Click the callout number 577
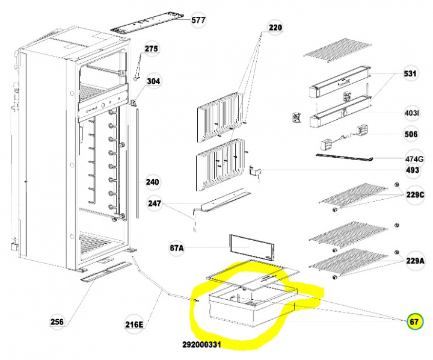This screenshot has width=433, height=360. tap(198, 20)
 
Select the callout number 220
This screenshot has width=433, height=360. tap(275, 28)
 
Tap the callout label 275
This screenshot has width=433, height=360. tap(152, 49)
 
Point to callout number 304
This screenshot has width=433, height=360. tap(153, 81)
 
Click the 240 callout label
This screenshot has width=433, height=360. tap(152, 182)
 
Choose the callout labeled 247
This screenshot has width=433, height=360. tap(154, 203)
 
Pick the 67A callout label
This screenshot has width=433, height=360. tap(176, 248)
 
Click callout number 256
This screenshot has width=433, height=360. tap(57, 322)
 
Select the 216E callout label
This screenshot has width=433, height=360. tap(134, 324)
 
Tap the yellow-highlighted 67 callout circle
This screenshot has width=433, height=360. tap(414, 321)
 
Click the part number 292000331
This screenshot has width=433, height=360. tap(201, 344)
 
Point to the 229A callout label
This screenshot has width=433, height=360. tap(415, 261)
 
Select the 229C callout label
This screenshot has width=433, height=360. tap(415, 195)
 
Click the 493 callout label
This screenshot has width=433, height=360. tap(413, 170)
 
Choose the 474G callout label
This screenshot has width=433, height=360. tap(414, 160)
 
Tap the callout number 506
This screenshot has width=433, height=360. tap(411, 134)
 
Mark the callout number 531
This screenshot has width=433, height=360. tap(410, 73)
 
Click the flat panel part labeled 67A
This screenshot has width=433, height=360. tap(252, 247)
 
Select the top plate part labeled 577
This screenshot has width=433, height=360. tap(147, 23)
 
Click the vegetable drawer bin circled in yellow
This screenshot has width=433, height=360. tap(253, 306)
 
